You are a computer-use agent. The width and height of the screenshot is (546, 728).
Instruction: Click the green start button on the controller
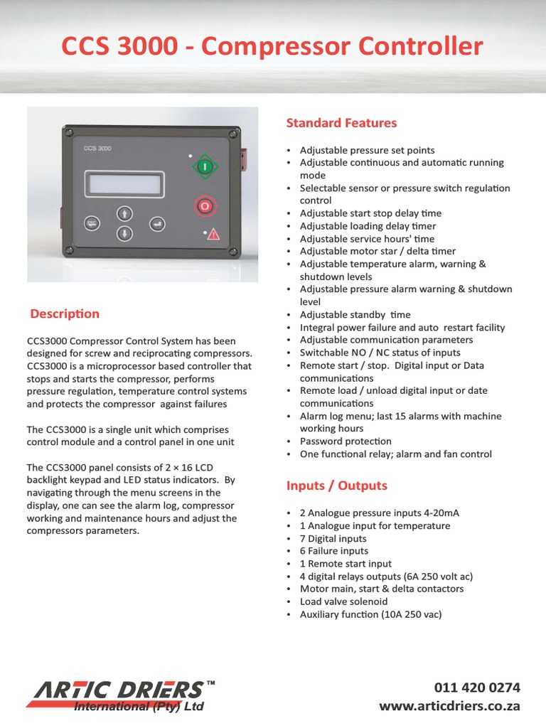[205, 167]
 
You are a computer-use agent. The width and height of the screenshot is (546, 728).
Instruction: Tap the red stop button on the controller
[205, 206]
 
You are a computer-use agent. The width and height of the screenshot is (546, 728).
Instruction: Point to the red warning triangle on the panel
[213, 235]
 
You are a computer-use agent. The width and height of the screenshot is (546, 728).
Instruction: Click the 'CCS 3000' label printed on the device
[97, 149]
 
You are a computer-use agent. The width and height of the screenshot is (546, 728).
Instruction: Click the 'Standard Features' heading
[341, 123]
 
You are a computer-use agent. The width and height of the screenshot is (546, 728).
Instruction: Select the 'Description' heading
[65, 314]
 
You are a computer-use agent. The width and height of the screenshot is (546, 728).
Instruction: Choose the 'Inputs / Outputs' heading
[336, 486]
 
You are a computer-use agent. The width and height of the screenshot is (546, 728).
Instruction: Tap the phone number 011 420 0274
[477, 687]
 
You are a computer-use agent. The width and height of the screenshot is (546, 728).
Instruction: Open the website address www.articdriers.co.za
[449, 706]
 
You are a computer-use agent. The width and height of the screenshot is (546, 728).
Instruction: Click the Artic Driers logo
[121, 695]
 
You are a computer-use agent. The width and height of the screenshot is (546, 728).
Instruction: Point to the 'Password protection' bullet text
[346, 441]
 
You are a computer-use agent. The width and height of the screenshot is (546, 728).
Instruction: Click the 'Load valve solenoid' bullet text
[344, 601]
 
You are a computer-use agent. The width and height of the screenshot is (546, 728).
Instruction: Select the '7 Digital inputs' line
[333, 538]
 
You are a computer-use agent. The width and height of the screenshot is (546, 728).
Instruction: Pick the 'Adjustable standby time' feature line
[355, 315]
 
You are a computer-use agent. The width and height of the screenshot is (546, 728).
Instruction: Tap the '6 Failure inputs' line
[334, 551]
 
